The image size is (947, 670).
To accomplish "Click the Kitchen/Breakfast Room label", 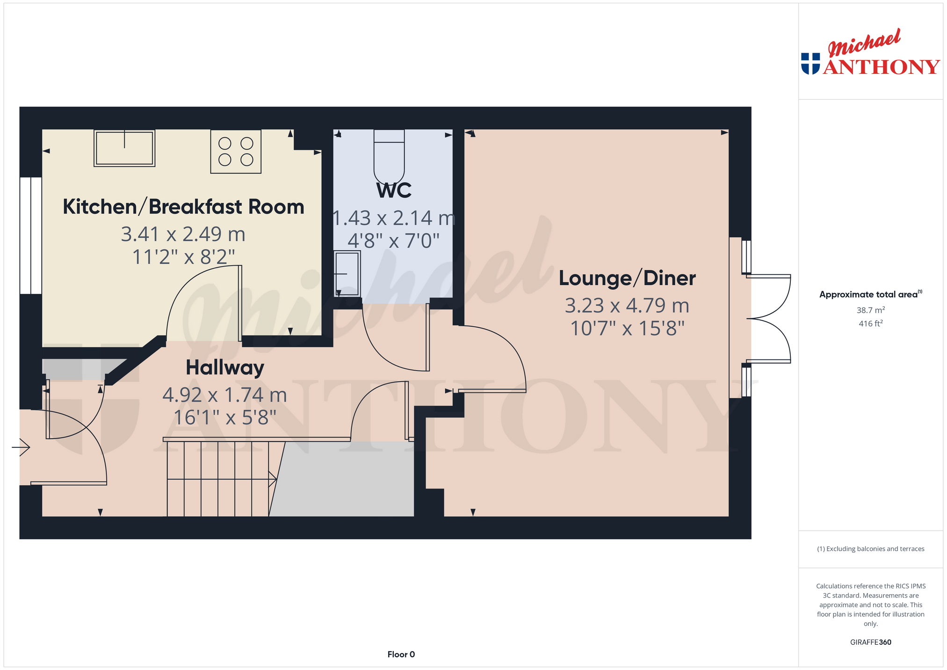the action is pos(183,207).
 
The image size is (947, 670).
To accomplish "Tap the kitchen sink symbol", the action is pos(124,148).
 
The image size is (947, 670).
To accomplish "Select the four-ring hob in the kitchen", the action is pos(236,151).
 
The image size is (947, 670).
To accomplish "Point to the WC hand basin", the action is pos(347,274).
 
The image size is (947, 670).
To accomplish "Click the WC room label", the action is pos(394,190).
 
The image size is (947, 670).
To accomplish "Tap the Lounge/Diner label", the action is pos(627,278).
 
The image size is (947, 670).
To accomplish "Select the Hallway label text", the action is pos(225,368).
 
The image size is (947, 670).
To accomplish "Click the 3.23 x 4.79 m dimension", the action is pos(627,306).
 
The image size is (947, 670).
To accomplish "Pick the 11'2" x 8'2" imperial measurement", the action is pos(183,257).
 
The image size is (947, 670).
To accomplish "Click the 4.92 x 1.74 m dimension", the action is pos(224,395).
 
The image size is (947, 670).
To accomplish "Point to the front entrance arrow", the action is pos(21,447).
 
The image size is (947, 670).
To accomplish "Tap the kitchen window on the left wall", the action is pos(31,236).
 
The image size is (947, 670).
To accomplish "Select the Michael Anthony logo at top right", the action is pos(870,52).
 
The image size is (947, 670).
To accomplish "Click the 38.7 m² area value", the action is pos(871,310).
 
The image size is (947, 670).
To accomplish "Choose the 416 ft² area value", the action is pos(871,323).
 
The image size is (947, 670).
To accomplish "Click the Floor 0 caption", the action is pos(401,655).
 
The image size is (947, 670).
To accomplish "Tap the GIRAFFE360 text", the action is pos(871,642).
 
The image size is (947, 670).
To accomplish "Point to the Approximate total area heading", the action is pos(871,294).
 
